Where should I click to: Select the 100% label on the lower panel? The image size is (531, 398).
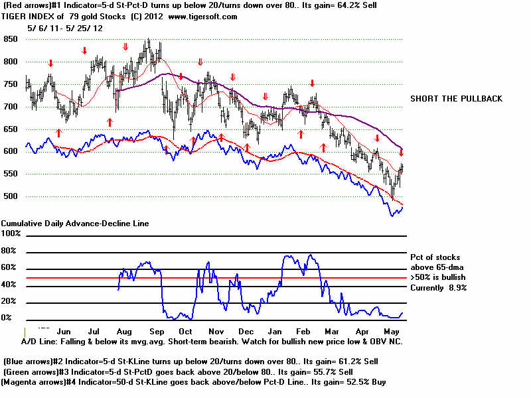tap(12, 234)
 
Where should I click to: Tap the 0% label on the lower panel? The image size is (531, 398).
tap(7, 318)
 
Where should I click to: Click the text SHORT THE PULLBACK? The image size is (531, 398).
tap(456, 99)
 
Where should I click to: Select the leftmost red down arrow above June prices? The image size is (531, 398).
tap(50, 63)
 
